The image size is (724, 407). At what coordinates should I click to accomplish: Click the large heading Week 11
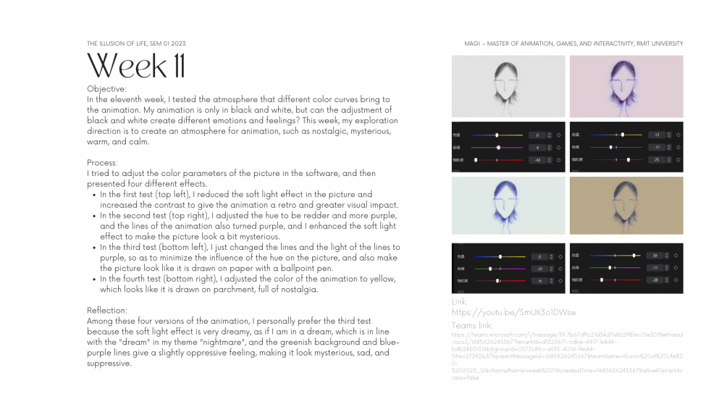(x=135, y=66)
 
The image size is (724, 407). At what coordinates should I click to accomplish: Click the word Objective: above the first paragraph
(x=106, y=88)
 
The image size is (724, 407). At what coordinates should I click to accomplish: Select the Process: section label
(x=103, y=163)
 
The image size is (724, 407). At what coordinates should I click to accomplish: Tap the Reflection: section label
(x=107, y=309)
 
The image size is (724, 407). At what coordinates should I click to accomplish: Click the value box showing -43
(x=537, y=159)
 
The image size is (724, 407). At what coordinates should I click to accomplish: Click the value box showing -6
(x=537, y=280)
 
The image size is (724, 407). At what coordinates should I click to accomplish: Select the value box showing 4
(x=537, y=147)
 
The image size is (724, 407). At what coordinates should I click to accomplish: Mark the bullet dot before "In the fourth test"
(x=93, y=279)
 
